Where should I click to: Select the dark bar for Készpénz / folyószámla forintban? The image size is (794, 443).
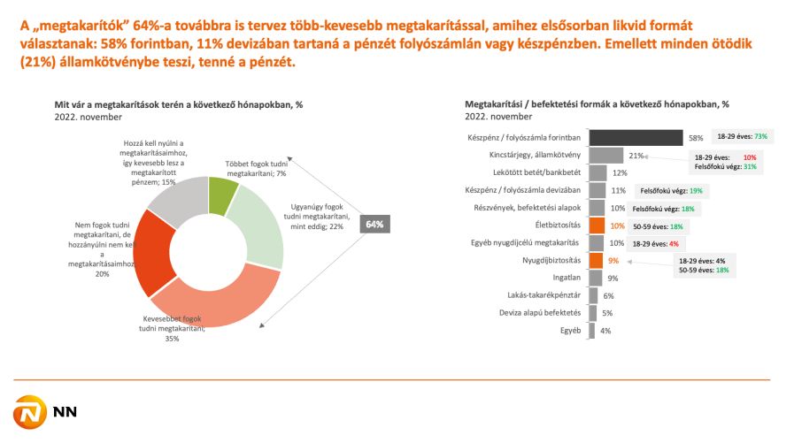pos(635,137)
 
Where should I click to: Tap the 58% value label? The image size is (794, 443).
pos(697,138)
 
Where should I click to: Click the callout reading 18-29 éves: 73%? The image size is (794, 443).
pos(742,136)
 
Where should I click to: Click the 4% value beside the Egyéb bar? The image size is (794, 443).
pos(605,331)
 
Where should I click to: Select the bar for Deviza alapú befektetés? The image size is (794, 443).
pos(591,313)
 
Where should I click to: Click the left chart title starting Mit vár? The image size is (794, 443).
pos(179,104)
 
